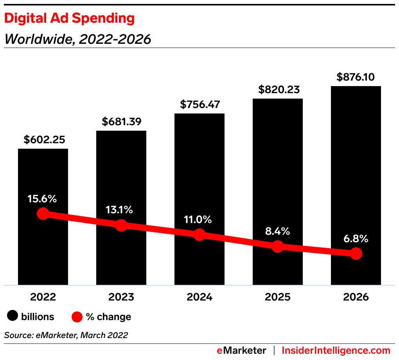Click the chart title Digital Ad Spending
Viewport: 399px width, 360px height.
pyautogui.click(x=69, y=18)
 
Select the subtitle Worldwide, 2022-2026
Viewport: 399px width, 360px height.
pyautogui.click(x=77, y=40)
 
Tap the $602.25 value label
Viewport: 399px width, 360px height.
pyautogui.click(x=43, y=140)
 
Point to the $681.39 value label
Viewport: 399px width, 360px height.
pyautogui.click(x=121, y=122)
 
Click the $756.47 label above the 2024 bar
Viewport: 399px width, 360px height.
pyautogui.click(x=199, y=105)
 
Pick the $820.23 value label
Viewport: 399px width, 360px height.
pyautogui.click(x=278, y=90)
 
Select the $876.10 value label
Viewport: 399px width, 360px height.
pyautogui.click(x=356, y=77)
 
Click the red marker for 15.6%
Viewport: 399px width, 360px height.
pyautogui.click(x=43, y=214)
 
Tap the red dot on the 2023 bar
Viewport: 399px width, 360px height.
pyautogui.click(x=121, y=225)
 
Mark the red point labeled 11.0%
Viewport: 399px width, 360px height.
pyautogui.click(x=199, y=235)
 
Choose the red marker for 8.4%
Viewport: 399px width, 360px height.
pyautogui.click(x=278, y=247)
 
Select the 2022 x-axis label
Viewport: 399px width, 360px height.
pyautogui.click(x=43, y=297)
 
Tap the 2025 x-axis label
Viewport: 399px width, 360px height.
pyautogui.click(x=278, y=297)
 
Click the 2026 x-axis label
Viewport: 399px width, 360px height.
pyautogui.click(x=356, y=297)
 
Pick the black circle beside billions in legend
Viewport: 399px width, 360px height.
pyautogui.click(x=13, y=317)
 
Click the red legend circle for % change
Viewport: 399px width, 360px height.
pyautogui.click(x=77, y=317)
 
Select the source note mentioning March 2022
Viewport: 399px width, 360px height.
pyautogui.click(x=66, y=335)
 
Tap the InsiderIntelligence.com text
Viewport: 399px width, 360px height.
pyautogui.click(x=336, y=350)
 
